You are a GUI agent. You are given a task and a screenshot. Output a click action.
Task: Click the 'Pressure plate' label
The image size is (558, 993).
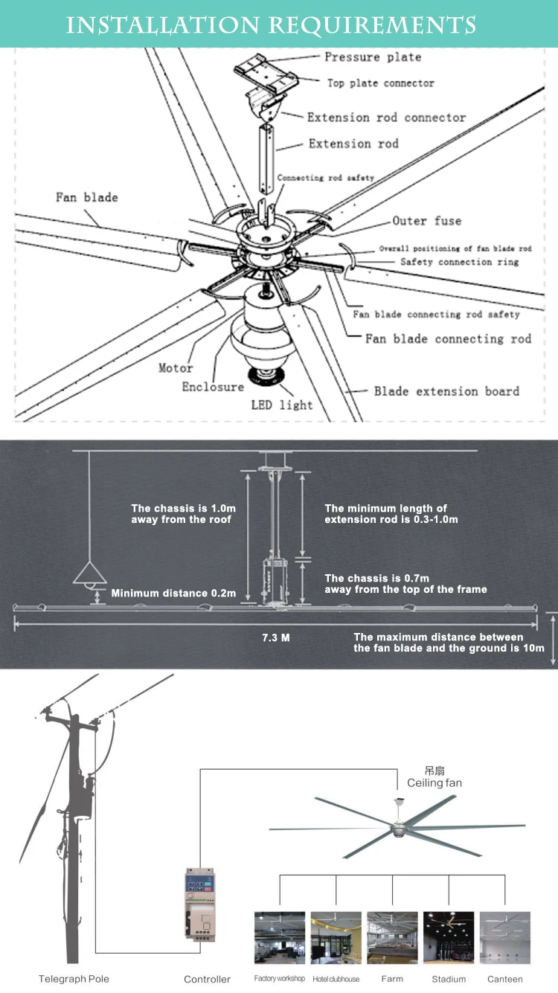(x=373, y=57)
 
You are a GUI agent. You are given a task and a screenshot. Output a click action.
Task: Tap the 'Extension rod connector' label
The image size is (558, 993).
(x=386, y=118)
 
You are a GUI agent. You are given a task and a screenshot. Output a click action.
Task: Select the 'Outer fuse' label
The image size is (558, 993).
(x=427, y=221)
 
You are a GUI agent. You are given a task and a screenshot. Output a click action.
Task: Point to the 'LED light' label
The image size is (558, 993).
(x=286, y=405)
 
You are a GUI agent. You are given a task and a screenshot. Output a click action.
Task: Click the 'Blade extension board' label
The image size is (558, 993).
(x=446, y=391)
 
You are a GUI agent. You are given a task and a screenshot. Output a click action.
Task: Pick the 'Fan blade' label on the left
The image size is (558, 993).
(x=87, y=198)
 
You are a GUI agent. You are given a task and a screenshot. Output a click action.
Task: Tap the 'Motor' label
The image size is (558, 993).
(x=176, y=368)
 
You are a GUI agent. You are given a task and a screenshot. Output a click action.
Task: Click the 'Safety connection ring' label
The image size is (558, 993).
(x=460, y=262)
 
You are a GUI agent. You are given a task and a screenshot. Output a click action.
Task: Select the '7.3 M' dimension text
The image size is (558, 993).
(x=276, y=637)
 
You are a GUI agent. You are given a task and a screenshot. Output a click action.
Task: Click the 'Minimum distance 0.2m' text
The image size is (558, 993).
(x=173, y=594)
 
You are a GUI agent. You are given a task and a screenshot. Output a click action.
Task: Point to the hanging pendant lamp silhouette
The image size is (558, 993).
(x=90, y=573)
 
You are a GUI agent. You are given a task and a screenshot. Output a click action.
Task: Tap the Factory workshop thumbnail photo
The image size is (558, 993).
(x=280, y=937)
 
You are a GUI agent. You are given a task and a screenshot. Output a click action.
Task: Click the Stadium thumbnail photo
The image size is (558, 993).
(x=449, y=937)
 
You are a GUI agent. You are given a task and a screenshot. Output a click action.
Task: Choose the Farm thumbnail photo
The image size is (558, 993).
(x=392, y=937)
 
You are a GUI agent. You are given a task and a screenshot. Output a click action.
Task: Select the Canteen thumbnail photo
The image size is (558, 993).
(x=505, y=937)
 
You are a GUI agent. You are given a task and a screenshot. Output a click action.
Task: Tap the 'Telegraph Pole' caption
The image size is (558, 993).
(x=74, y=979)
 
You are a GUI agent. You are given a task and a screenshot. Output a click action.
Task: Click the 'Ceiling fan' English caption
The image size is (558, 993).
(x=434, y=783)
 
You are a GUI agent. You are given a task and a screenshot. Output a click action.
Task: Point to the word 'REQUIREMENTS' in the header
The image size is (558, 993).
(x=373, y=25)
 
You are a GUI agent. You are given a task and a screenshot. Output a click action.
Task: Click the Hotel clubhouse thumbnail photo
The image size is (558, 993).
(x=336, y=937)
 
